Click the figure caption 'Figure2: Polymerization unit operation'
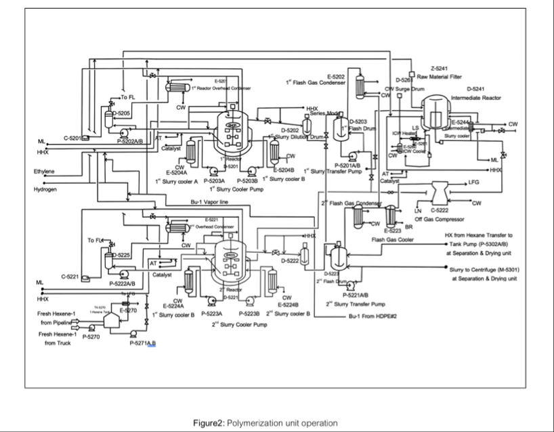tap(264, 423)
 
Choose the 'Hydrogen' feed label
tap(45, 189)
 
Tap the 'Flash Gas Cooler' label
tap(392, 239)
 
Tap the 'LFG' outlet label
tap(473, 182)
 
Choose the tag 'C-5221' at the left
tap(70, 276)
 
